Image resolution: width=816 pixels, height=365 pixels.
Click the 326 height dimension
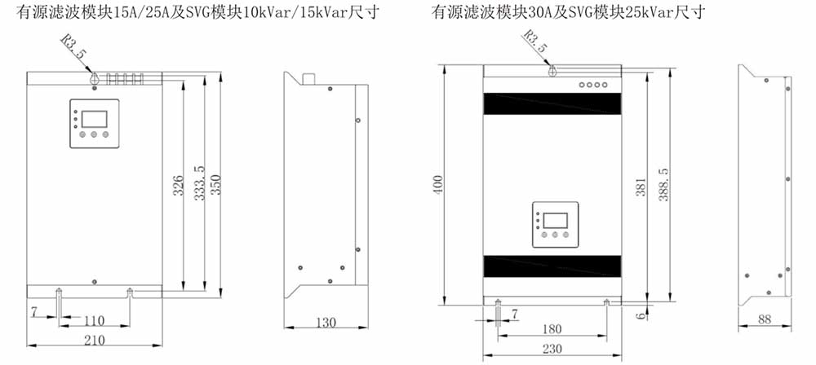point(178,186)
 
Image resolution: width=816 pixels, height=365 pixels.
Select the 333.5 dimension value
point(198,186)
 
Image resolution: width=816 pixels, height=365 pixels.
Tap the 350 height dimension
point(215,184)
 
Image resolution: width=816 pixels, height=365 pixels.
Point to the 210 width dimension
point(95,341)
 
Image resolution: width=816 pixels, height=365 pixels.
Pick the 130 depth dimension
point(325,323)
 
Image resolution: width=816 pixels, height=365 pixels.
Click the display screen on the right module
point(555,219)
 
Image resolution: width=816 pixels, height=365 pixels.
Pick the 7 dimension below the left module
point(34,312)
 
